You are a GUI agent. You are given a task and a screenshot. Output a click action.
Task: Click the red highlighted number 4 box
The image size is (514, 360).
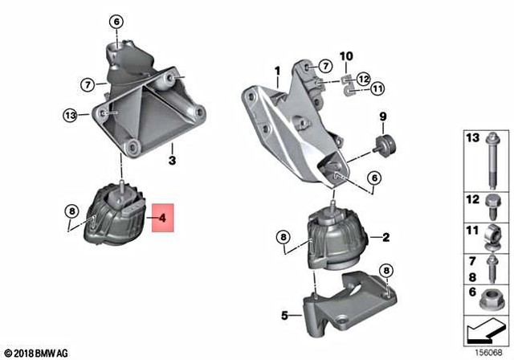point(162,217)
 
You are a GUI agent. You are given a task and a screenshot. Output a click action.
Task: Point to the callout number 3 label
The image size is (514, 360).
point(171,159)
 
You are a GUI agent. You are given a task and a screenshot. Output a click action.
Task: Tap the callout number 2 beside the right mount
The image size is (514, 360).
point(385,237)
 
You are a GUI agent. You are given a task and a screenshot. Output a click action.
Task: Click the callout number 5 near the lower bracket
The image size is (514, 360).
point(285,316)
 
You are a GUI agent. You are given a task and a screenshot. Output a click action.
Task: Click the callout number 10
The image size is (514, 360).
point(347,55)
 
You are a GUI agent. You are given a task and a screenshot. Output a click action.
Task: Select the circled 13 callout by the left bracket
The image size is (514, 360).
point(70,116)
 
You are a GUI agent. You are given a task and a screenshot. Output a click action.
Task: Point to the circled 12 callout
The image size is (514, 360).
point(364,79)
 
